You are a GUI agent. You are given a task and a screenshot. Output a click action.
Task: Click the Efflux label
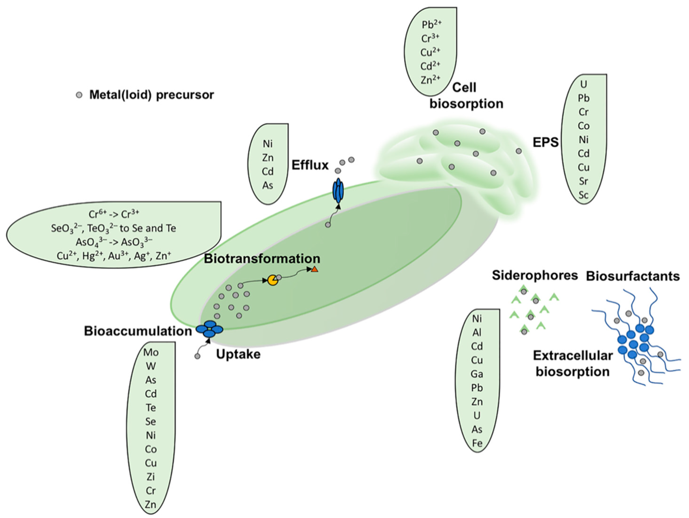(310, 165)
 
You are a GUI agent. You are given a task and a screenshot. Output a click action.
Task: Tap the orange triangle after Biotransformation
(315, 270)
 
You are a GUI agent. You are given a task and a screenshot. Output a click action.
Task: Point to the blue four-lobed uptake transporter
(209, 329)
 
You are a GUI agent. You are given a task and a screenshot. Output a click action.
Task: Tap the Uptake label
(238, 354)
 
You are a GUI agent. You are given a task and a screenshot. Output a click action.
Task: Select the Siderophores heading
(535, 275)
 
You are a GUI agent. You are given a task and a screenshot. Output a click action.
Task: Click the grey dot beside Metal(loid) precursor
(79, 95)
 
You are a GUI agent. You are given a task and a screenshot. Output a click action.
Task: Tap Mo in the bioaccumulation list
(151, 352)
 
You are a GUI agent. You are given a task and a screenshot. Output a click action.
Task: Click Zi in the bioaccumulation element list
(151, 477)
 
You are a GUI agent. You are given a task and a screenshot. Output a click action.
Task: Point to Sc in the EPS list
(584, 195)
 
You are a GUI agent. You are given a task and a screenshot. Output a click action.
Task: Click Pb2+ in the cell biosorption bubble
(431, 24)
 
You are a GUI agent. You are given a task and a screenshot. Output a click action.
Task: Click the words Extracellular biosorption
(573, 363)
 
